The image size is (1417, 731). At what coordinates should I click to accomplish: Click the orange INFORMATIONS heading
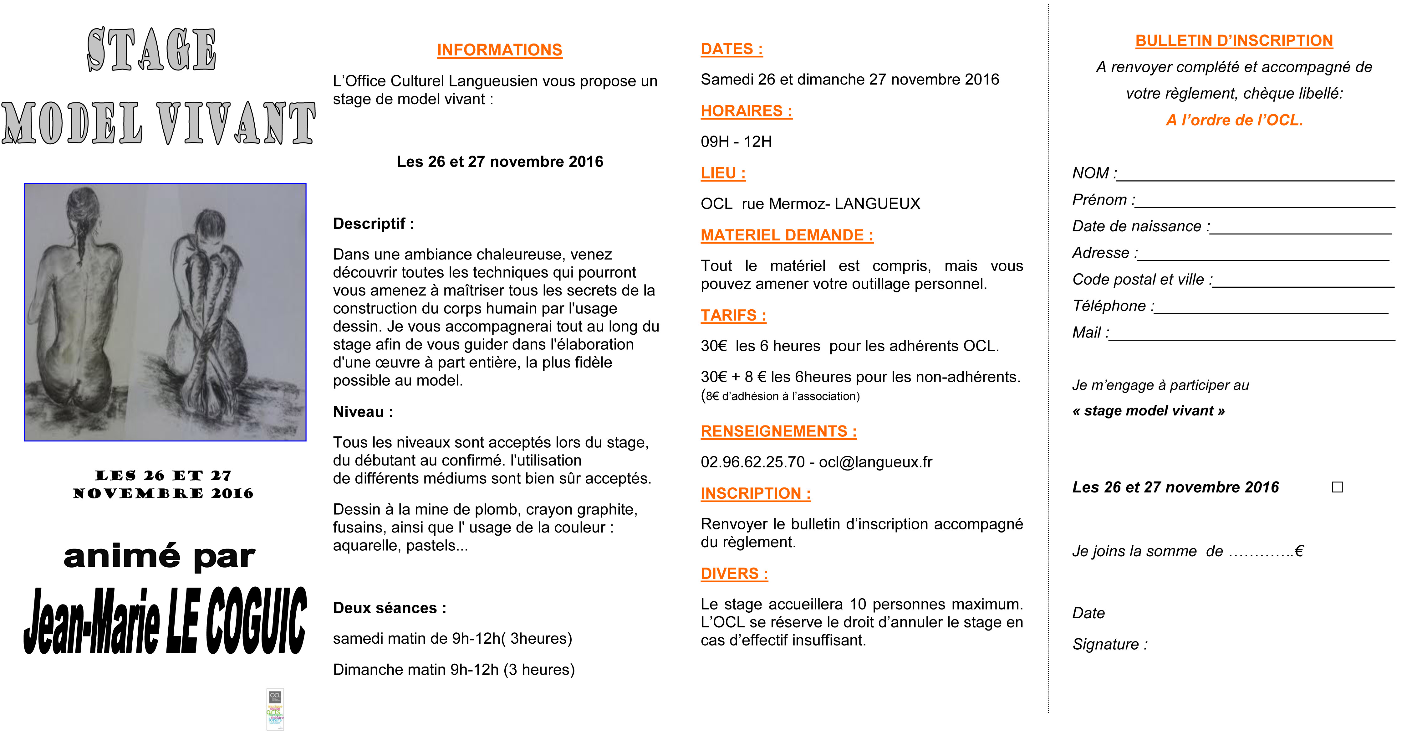(x=499, y=50)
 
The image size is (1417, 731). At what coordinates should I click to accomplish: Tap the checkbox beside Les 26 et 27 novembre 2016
(x=1337, y=487)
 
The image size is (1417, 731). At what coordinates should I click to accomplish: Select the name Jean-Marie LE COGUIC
(x=165, y=621)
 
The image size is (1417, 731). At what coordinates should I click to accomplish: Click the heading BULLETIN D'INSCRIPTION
(x=1234, y=41)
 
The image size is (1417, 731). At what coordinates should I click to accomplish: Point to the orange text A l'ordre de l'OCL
(x=1234, y=120)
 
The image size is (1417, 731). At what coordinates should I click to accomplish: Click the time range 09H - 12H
(x=736, y=142)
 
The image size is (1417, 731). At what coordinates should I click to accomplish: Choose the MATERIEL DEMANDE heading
(x=787, y=236)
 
